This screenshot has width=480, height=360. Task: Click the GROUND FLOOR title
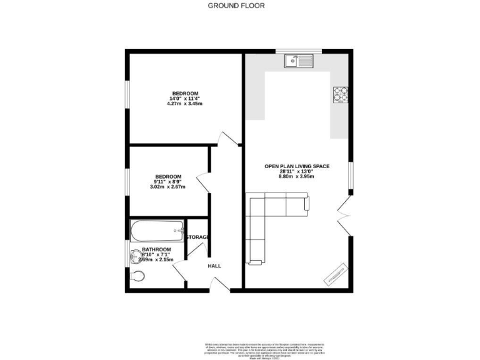(236, 6)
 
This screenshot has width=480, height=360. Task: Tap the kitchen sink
(298, 61)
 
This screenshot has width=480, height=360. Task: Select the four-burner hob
(340, 94)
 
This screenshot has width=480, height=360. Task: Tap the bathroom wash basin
(135, 256)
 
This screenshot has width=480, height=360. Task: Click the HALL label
(214, 266)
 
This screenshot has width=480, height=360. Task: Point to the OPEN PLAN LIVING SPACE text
(297, 166)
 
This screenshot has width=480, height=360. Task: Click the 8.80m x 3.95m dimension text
(296, 177)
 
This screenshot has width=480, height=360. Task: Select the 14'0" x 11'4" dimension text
(185, 98)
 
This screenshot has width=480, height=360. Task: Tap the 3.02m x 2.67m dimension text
(169, 186)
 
